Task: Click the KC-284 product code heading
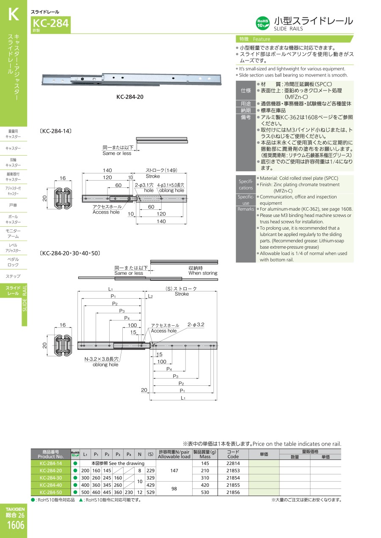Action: point(51,23)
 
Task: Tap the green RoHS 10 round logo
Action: point(262,23)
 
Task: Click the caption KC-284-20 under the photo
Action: point(130,97)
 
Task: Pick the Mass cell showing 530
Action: point(205,492)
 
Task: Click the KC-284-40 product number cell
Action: point(51,485)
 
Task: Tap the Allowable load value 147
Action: point(174,470)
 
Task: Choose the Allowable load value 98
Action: point(174,489)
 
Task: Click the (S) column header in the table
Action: point(150,454)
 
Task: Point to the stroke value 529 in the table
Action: point(150,492)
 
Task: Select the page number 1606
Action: point(16,525)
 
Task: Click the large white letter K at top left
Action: point(14,14)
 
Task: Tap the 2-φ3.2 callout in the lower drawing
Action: point(196,324)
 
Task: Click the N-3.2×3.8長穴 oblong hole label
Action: point(101,359)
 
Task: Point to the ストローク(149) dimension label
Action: point(161,170)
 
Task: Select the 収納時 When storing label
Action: point(203,270)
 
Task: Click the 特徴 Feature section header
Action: point(254,39)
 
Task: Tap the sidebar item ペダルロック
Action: point(13,262)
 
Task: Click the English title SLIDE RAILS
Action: point(288,29)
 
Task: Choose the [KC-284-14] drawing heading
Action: point(55,131)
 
